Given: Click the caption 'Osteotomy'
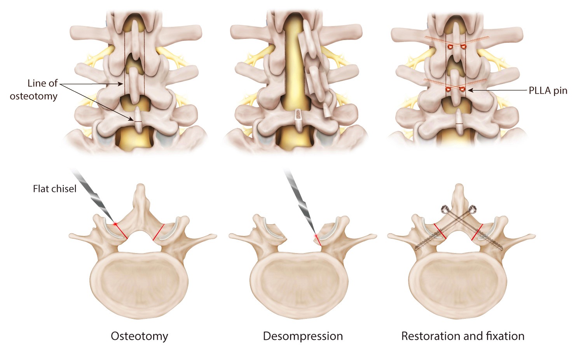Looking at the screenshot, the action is tap(140, 336).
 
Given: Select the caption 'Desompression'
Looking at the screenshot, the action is tap(303, 336).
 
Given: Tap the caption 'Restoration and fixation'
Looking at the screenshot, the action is tap(463, 336).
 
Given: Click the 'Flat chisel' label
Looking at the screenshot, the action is tap(55, 189).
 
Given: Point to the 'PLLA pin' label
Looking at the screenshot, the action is tap(548, 91).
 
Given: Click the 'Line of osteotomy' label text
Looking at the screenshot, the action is tap(34, 90).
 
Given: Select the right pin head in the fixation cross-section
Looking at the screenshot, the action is tap(472, 209).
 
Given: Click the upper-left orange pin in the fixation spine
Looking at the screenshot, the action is tap(449, 47).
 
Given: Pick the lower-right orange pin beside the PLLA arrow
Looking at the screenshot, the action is tap(462, 89).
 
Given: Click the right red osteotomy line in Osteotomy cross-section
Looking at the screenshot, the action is tap(159, 232).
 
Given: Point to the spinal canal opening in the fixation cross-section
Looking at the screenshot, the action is tap(459, 242).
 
